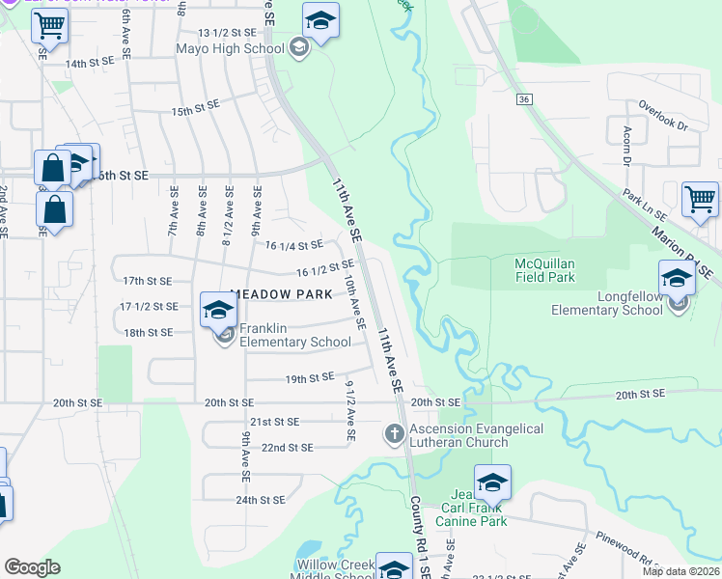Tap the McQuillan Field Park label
pyautogui.click(x=531, y=270)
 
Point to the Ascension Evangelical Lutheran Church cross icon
pyautogui.click(x=394, y=435)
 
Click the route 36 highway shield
pyautogui.click(x=523, y=98)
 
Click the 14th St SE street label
pyautogui.click(x=90, y=64)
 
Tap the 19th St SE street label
pyautogui.click(x=309, y=377)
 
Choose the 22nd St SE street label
pyautogui.click(x=288, y=448)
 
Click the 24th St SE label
pyautogui.click(x=261, y=500)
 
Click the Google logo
pyautogui.click(x=32, y=566)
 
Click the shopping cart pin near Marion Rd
pyautogui.click(x=700, y=200)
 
